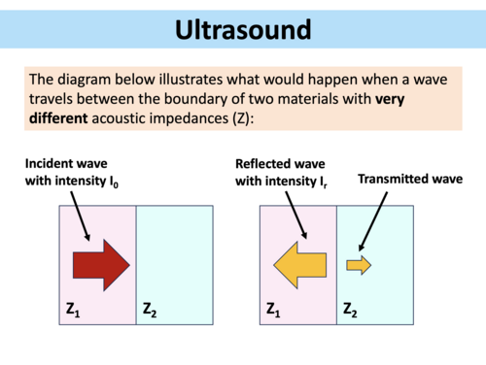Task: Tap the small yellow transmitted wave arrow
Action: [x=359, y=264]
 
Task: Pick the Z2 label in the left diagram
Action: [x=152, y=311]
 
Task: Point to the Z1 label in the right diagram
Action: [x=275, y=311]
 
